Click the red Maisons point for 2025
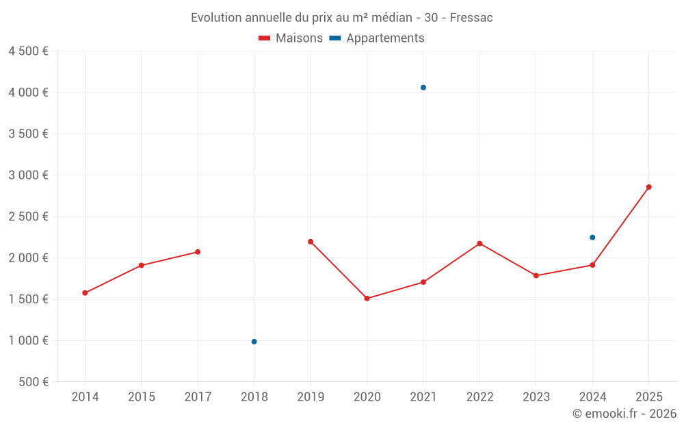pos(649,187)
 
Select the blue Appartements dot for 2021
pos(423,88)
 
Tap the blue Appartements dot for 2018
pos(254,342)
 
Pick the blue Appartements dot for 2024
pos(592,238)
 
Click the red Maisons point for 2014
pos(85,293)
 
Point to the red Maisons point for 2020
pos(367,299)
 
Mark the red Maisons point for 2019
pos(311,242)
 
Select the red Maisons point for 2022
pos(479,243)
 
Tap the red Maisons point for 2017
pos(198,252)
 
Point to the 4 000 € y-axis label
pos(28,92)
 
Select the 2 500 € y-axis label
pos(28,216)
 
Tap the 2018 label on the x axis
pos(254,397)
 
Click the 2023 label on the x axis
pos(536,397)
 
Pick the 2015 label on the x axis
pos(142,397)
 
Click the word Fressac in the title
pos(471,18)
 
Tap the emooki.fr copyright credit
pos(624,414)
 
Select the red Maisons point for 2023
pos(536,276)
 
